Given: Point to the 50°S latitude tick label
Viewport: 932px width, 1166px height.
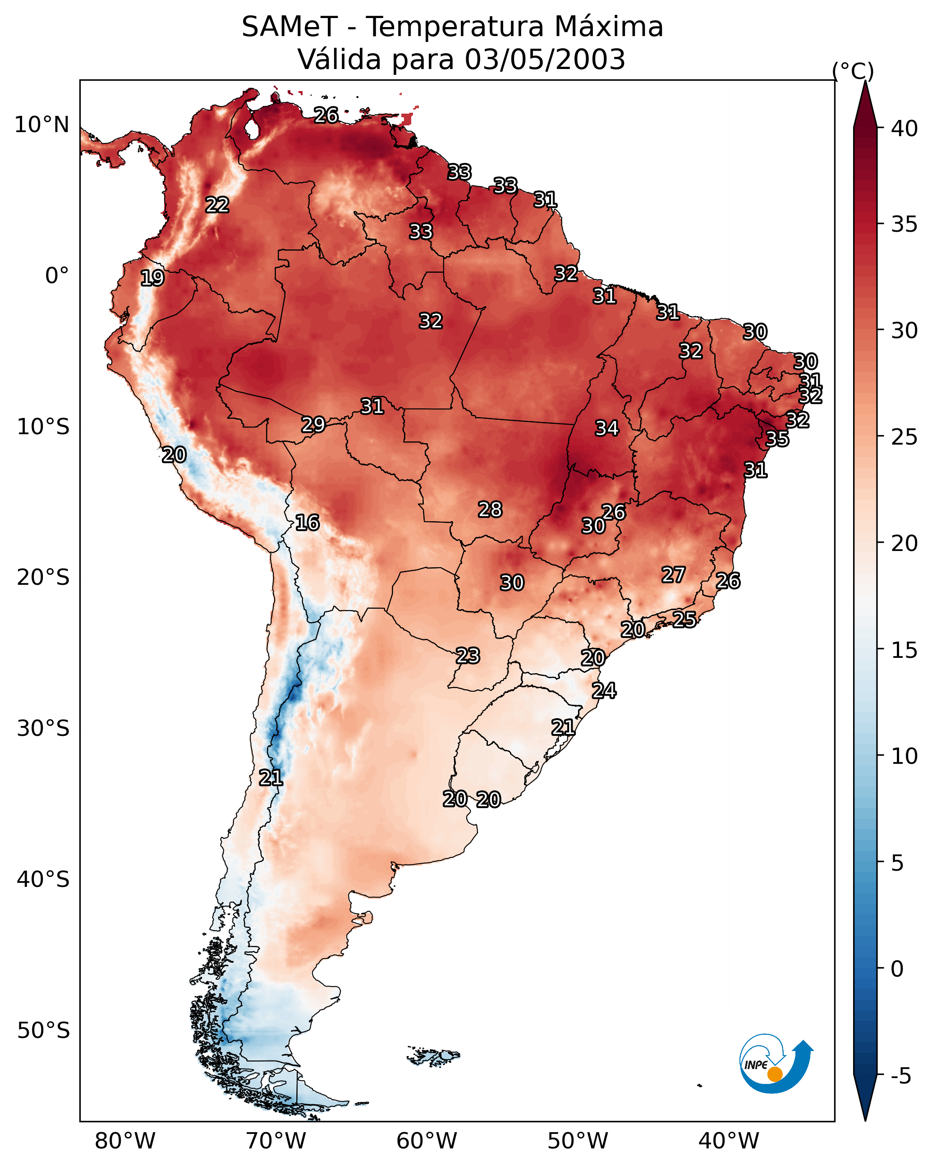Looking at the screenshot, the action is pyautogui.click(x=43, y=1031).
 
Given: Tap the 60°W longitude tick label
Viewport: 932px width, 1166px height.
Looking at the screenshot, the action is pyautogui.click(x=427, y=1141).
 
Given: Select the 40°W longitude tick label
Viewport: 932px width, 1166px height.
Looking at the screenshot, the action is pyautogui.click(x=729, y=1141).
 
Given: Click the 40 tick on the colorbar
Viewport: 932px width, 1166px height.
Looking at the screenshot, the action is pyautogui.click(x=904, y=129).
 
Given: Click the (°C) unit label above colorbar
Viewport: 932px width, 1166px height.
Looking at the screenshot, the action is pyautogui.click(x=853, y=71).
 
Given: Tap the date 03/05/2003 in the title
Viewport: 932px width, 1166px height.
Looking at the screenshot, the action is pyautogui.click(x=545, y=60).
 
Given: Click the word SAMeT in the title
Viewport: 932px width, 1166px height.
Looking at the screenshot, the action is pyautogui.click(x=289, y=27).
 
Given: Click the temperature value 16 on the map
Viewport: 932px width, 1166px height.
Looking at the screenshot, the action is pyautogui.click(x=307, y=523).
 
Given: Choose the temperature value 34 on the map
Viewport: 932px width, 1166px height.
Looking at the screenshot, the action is pyautogui.click(x=607, y=428).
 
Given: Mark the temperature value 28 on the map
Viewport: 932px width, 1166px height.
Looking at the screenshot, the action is pyautogui.click(x=490, y=510).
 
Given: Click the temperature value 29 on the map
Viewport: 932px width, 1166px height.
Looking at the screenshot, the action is pyautogui.click(x=313, y=425).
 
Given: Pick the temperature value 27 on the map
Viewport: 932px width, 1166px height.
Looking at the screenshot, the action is pyautogui.click(x=674, y=575).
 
